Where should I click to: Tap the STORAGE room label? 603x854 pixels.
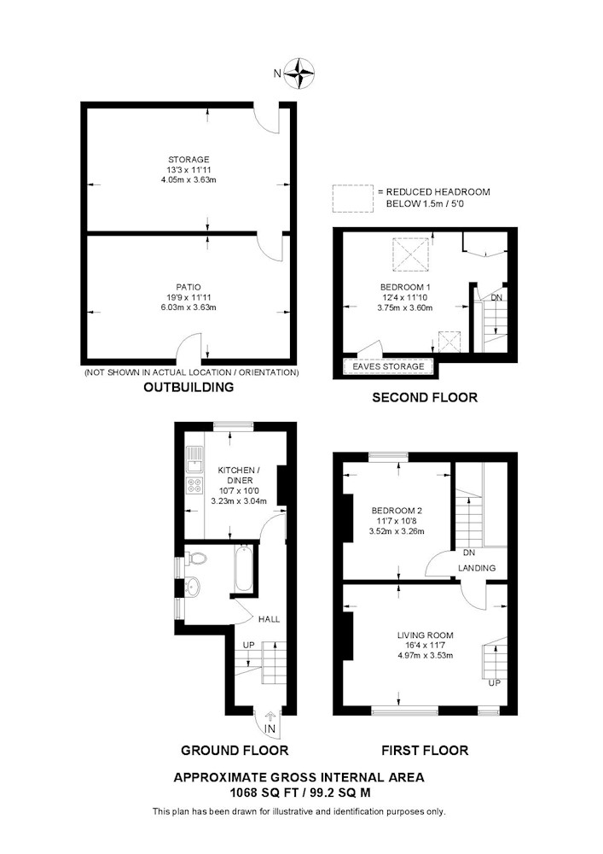click(x=188, y=160)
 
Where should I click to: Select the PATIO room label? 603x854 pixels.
click(x=188, y=287)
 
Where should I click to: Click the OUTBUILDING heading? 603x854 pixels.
click(x=188, y=387)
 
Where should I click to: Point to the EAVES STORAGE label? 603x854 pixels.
click(x=388, y=366)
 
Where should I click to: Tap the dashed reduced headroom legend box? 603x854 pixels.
click(x=353, y=198)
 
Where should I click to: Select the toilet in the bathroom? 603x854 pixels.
click(x=196, y=559)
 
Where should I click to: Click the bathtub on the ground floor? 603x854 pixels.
click(x=244, y=569)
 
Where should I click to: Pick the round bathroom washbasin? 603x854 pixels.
click(x=193, y=588)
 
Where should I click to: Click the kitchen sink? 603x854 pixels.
click(x=194, y=459)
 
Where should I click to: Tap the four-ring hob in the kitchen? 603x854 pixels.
click(x=194, y=485)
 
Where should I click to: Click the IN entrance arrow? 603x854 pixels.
click(x=270, y=718)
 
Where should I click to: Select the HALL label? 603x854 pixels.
click(x=270, y=619)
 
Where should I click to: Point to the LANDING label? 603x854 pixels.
click(x=477, y=568)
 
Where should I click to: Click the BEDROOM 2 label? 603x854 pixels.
click(x=397, y=511)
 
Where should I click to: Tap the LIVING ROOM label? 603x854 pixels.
click(x=426, y=635)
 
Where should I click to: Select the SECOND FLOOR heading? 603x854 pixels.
click(x=425, y=398)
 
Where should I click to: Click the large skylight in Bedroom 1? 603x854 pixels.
click(x=412, y=254)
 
